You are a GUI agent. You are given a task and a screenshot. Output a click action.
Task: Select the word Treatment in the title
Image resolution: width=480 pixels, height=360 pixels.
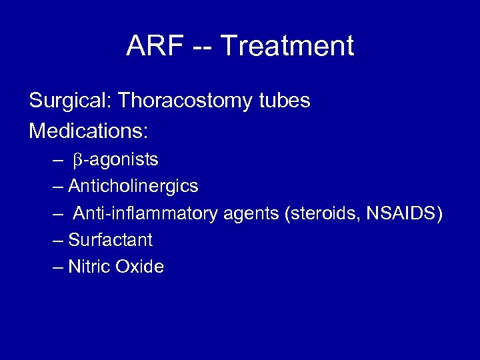287,47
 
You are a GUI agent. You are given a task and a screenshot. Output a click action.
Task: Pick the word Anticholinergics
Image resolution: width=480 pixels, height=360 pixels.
133,186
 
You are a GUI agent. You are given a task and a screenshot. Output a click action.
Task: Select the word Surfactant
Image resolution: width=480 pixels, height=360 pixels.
111,240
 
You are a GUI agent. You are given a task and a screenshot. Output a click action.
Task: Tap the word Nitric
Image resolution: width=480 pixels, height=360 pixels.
89,267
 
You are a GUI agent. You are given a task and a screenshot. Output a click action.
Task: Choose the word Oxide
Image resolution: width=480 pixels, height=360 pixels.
139,267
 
